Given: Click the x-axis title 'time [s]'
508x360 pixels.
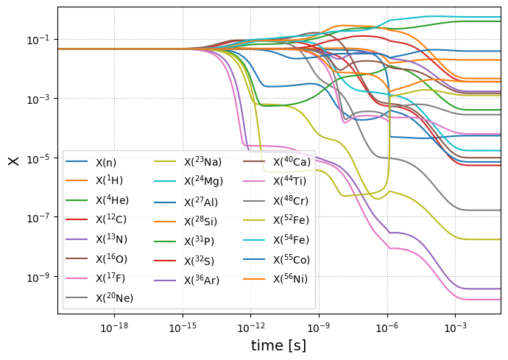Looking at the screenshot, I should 278,345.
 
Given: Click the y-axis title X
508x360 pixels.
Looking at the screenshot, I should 13,160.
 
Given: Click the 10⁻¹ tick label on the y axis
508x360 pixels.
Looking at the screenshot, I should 38,39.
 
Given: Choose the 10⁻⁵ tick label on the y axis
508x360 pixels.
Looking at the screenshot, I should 38,158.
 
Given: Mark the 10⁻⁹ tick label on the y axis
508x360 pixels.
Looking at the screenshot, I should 38,277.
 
